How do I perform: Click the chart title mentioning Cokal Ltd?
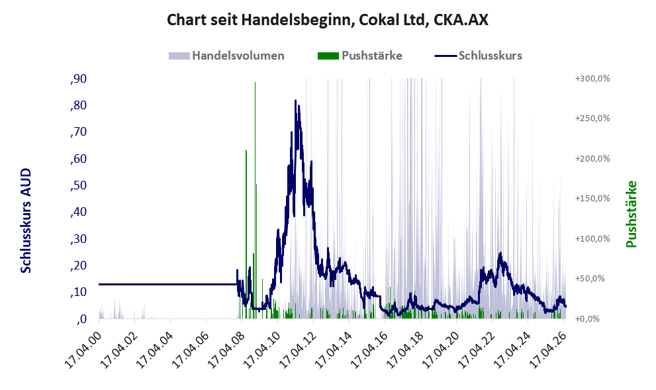(328, 20)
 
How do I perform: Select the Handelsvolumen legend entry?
(226, 56)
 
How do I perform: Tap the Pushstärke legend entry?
(360, 56)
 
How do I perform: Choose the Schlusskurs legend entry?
(478, 56)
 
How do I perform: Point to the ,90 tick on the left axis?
(79, 79)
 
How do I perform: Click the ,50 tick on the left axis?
(79, 185)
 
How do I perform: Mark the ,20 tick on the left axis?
(79, 266)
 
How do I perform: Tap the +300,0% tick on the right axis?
(592, 79)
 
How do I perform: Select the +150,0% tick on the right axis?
(592, 199)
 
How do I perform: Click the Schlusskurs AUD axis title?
(26, 220)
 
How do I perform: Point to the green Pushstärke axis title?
(632, 214)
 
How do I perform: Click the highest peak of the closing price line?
(295, 101)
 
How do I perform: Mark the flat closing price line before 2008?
(167, 285)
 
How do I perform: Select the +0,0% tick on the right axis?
(587, 319)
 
